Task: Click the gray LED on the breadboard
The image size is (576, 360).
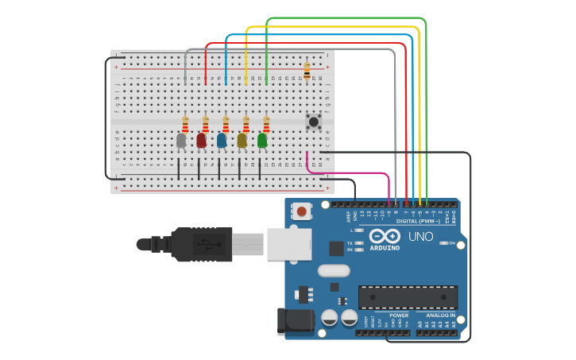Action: pos(181,141)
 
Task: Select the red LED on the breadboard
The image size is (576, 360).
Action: pos(201,141)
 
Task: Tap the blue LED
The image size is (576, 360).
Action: pos(222,141)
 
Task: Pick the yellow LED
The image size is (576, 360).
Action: pos(242,141)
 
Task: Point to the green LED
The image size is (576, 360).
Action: pos(262,141)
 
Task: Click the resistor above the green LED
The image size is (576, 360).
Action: pos(266,124)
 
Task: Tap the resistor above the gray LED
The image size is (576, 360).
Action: pos(185,124)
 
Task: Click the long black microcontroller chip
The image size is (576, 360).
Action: pos(408,296)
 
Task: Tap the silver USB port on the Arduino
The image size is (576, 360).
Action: pos(288,244)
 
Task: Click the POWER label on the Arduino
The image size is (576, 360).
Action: pos(398,315)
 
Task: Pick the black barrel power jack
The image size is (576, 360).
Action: pos(291,321)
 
